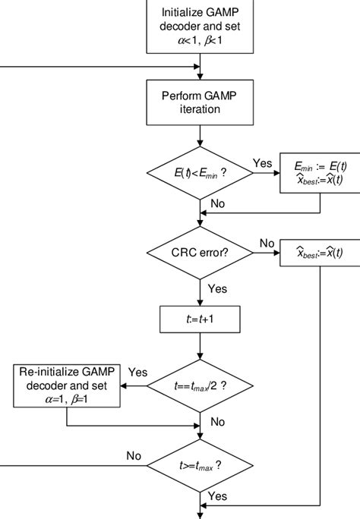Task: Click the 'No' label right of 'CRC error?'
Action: (267, 242)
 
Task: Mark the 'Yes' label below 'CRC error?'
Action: (217, 288)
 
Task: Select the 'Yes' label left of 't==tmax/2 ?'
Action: (137, 373)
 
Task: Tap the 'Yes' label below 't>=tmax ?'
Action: (217, 496)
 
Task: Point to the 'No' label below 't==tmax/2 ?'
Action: (217, 420)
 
